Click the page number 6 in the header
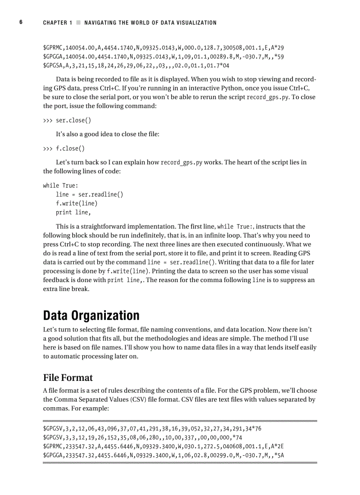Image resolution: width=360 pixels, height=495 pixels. [21, 22]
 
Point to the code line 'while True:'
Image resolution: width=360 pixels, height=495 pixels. [60, 186]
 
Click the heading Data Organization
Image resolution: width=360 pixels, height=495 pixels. [91, 316]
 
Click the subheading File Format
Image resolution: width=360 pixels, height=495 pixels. [68, 378]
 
